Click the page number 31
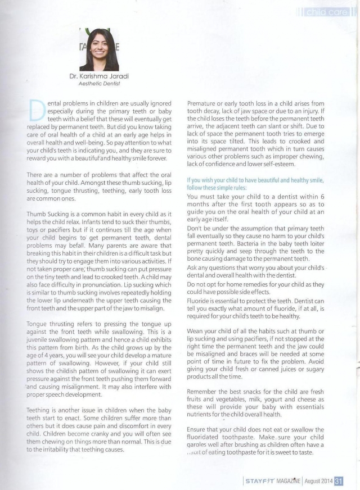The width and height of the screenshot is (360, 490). (340, 480)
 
